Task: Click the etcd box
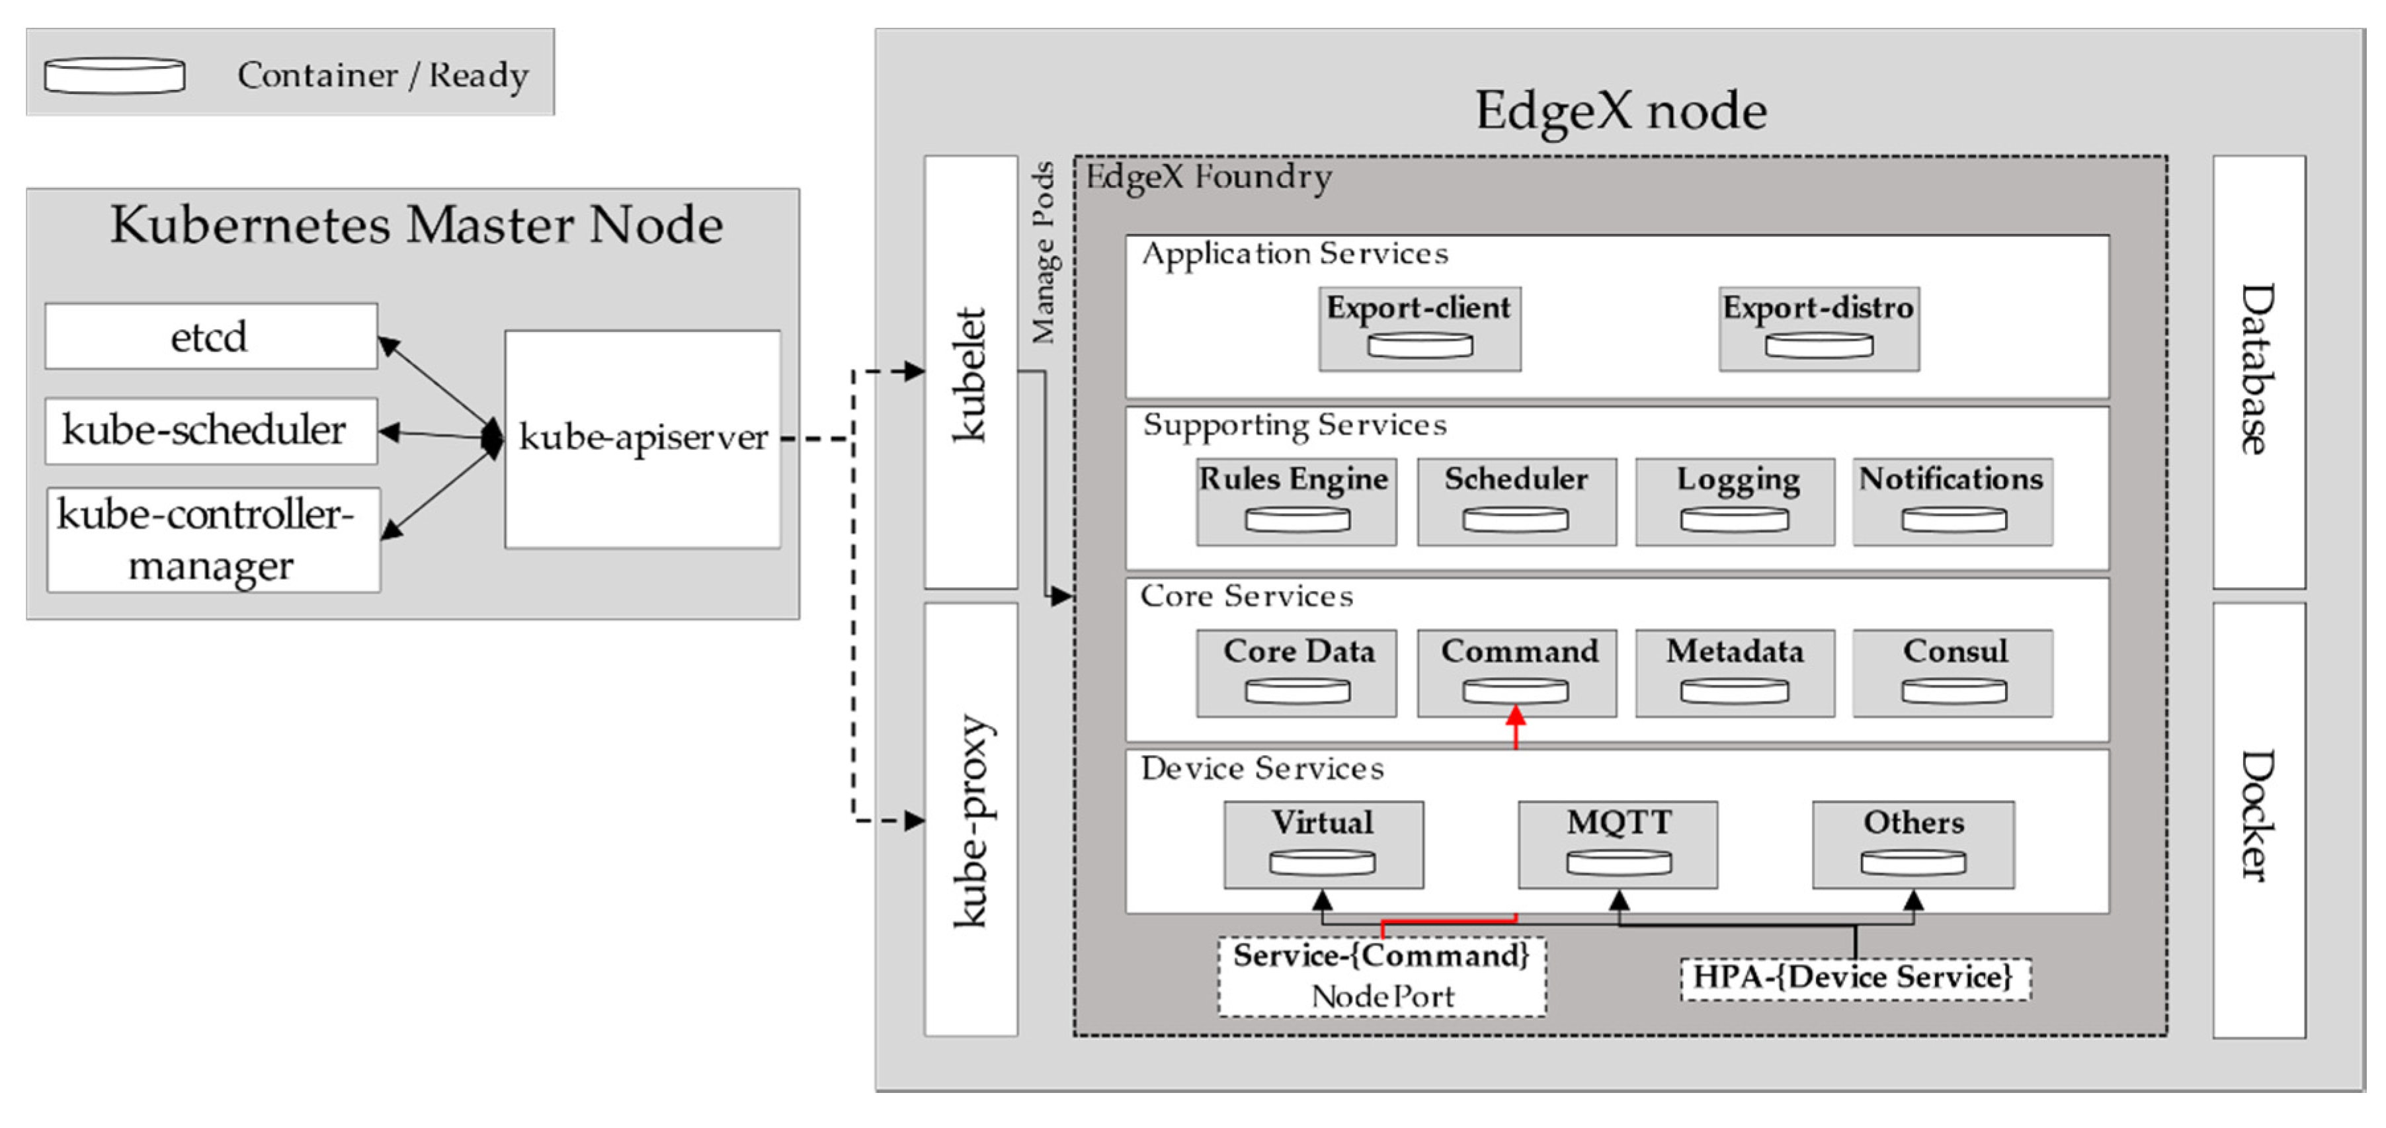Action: [x=210, y=336]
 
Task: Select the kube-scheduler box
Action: [x=210, y=430]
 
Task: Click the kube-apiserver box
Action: [x=642, y=439]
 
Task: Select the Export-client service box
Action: [x=1419, y=329]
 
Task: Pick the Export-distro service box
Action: [x=1818, y=329]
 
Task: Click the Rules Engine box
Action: [x=1296, y=501]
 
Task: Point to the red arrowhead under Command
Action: [x=1515, y=716]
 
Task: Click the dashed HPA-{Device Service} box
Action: [x=1854, y=978]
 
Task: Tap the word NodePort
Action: [x=1382, y=996]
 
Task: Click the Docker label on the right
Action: [x=2257, y=815]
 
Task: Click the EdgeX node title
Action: [x=1620, y=110]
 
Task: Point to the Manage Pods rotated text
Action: [x=1044, y=252]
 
